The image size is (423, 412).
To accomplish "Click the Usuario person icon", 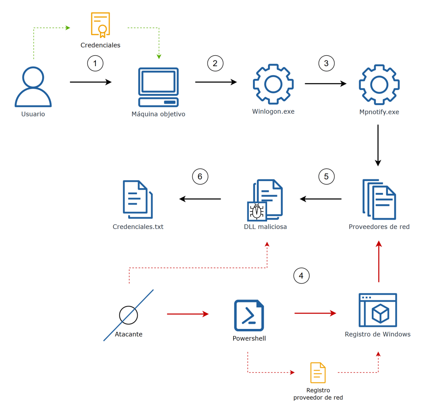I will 33,87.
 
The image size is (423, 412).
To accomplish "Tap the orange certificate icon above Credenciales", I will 100,24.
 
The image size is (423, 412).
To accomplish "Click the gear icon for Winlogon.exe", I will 273,84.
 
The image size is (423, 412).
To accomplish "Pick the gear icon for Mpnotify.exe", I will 379,84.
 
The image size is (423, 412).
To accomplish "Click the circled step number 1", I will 95,64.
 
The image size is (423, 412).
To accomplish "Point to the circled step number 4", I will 301,276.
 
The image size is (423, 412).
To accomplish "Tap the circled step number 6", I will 200,177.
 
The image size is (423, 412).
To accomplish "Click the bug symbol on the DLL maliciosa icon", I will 257,211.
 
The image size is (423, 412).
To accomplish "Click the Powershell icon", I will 249,315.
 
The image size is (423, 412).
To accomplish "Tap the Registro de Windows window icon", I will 378,310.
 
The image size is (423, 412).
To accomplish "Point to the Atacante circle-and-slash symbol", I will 128,315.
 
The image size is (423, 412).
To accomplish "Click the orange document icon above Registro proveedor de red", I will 318,373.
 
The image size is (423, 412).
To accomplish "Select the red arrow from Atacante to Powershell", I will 188,314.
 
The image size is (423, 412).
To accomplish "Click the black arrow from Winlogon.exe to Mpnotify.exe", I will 325,84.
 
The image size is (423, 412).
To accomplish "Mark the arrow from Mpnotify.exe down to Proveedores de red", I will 378,145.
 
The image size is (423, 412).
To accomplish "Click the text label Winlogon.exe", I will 273,111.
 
